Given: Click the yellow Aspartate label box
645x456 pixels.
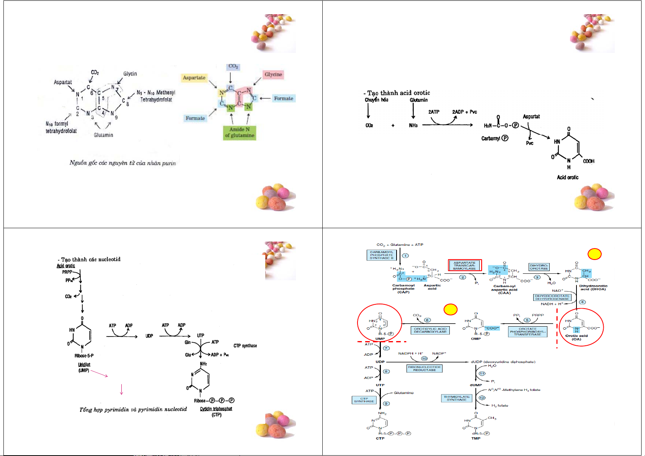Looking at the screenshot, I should coord(194,78).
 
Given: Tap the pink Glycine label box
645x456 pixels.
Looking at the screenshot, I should coord(273,74).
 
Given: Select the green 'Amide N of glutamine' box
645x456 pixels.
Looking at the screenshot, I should coord(240,132).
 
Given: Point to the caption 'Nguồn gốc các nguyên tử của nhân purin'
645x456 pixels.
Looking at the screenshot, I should coord(122,163).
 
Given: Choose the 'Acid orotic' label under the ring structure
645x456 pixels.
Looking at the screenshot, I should coord(567,177).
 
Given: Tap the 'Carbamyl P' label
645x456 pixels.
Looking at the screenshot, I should coord(495,138).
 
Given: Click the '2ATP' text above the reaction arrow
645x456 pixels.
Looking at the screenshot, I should coord(434,112).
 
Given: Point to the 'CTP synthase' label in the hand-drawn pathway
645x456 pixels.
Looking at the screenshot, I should coord(245,346).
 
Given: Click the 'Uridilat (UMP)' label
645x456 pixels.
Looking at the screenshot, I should coord(84,368).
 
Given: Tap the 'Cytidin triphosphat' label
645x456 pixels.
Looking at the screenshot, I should coord(216,409).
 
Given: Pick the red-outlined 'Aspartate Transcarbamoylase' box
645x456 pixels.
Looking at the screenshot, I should coord(464,265).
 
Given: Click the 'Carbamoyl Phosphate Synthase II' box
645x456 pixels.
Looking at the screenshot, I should coord(381,255).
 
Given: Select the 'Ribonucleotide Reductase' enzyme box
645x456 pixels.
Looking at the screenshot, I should coord(424,368).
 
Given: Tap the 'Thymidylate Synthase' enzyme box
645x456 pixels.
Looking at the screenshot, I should coord(456,398).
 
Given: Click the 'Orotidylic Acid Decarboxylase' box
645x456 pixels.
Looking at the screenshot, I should coord(430,330).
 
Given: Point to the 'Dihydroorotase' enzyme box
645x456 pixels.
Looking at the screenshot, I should coord(539,267).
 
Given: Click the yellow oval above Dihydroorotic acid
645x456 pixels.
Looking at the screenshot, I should coord(594,254).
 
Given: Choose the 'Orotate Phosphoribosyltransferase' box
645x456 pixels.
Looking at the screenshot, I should coord(527,332).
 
